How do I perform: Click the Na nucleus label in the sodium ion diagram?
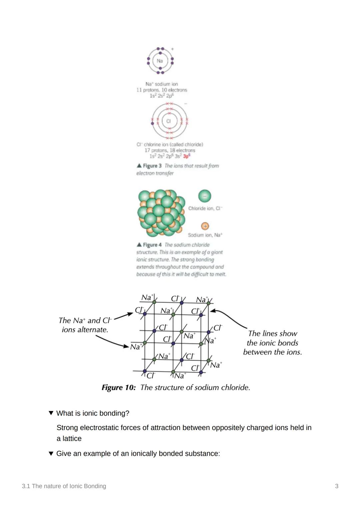(160, 61)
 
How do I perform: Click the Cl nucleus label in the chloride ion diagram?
(168, 121)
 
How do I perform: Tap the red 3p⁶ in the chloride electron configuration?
(186, 156)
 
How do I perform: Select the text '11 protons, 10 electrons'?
(162, 90)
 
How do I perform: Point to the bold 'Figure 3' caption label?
(152, 166)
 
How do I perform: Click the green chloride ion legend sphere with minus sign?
(205, 196)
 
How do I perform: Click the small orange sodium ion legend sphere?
(205, 226)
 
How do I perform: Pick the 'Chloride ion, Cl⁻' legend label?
(205, 209)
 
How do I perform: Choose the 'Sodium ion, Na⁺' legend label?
(205, 235)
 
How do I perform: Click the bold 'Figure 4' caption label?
(152, 245)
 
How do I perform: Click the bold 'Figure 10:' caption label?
(119, 387)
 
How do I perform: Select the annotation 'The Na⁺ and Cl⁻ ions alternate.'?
(85, 325)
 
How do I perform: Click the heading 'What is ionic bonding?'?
(93, 413)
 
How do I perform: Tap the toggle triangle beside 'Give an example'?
(51, 453)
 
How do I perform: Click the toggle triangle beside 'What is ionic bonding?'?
(51, 413)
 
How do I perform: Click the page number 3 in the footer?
(337, 486)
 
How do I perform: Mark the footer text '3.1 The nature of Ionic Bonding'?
(64, 486)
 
